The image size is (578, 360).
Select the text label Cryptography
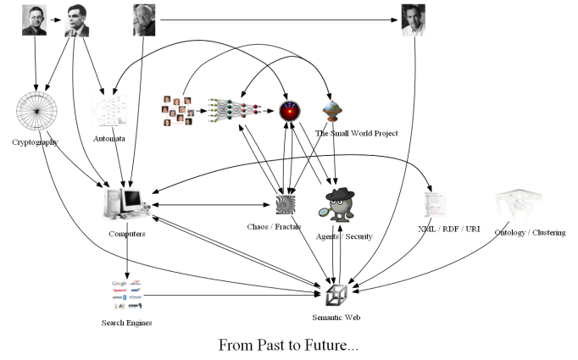point(36,142)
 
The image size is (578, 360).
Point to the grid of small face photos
point(178,111)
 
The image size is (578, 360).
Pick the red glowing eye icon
point(290,111)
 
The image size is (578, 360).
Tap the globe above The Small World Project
point(332,111)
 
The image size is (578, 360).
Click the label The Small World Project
point(356,133)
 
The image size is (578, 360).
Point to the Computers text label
point(127,234)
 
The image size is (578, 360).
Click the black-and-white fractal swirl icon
point(285,205)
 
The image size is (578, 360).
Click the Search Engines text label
point(127,322)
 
